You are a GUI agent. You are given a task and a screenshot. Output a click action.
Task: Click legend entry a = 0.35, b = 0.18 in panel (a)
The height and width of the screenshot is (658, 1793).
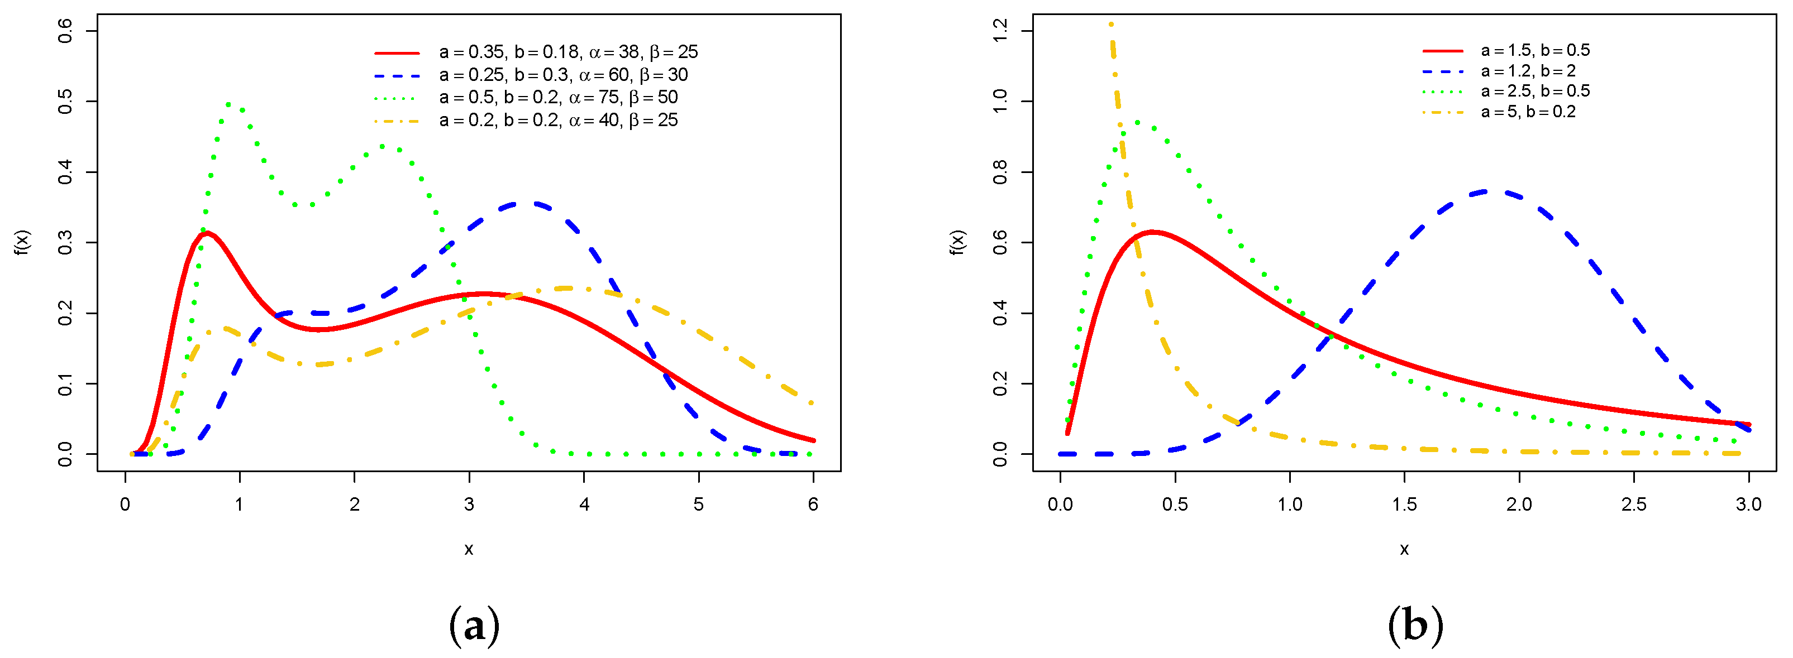[568, 52]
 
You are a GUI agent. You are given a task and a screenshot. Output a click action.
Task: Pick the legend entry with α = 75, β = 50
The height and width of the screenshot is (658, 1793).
[557, 97]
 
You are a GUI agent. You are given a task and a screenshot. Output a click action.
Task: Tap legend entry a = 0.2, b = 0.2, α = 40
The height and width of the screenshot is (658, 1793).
[557, 121]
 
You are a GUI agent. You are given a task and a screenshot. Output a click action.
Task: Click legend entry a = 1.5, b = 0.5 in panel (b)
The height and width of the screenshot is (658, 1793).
[1535, 50]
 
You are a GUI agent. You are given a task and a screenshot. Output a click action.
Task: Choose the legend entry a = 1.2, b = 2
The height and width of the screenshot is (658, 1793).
[1528, 71]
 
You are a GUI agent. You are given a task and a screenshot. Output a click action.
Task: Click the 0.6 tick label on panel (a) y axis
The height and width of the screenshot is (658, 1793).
[65, 31]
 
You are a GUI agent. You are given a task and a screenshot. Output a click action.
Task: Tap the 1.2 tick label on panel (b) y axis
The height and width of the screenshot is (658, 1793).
[1000, 31]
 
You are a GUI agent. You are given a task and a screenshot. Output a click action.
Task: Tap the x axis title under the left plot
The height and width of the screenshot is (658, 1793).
[469, 550]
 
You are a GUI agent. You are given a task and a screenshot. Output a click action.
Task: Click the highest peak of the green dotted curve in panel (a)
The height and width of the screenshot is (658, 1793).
[230, 104]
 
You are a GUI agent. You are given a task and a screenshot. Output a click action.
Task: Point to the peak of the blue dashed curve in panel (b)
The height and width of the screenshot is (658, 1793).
[1486, 190]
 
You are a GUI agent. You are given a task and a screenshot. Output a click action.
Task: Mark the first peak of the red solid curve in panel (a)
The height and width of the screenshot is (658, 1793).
[206, 233]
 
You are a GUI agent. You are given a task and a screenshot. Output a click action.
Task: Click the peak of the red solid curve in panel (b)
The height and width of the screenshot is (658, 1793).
[1153, 232]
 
